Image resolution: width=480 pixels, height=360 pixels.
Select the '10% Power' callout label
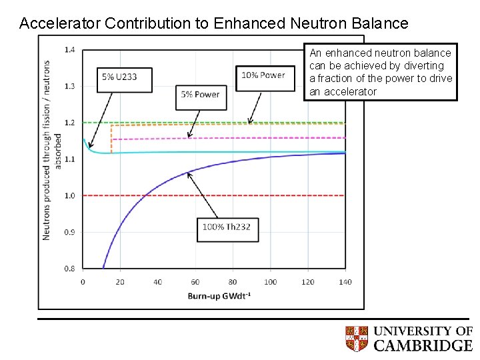263,75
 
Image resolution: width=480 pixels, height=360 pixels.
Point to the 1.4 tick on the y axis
69,50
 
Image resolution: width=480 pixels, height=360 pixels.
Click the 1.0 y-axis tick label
69,196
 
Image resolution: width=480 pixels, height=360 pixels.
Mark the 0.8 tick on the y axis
69,269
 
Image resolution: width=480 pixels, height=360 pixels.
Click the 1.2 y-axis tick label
69,123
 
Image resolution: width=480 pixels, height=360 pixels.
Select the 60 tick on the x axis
195,282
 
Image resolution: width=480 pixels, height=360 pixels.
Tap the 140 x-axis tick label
345,282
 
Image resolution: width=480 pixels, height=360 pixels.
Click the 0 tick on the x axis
83,282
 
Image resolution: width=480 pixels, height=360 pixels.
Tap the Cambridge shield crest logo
357,339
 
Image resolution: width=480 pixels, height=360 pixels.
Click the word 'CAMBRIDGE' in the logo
423,345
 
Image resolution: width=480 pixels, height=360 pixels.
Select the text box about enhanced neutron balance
381,72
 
